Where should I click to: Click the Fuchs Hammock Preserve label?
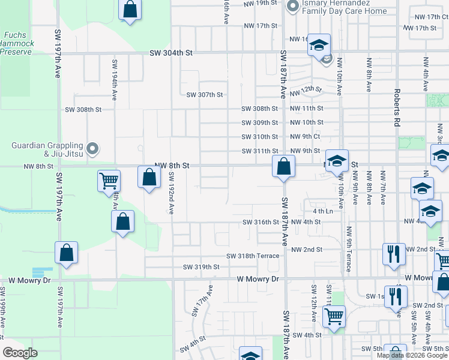16,43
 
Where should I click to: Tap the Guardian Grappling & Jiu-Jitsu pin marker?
92,148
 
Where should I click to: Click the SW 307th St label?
204,95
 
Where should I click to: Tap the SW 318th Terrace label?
252,256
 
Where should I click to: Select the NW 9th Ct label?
306,137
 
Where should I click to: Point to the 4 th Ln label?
322,212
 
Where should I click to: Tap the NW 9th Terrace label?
348,248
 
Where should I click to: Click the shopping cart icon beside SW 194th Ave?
109,180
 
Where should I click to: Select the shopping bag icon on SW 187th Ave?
283,166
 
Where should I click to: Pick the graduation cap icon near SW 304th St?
319,45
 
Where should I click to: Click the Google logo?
20,353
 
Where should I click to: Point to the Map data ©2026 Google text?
411,355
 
